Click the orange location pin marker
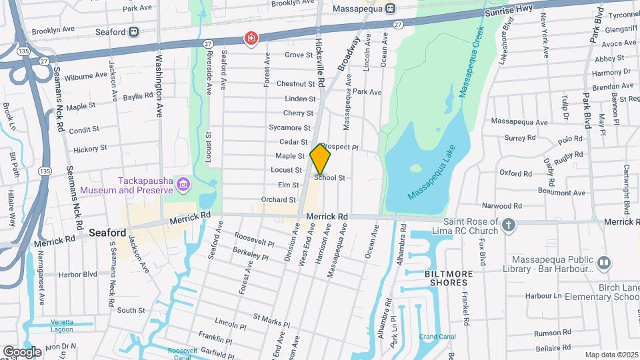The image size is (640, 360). (321, 159)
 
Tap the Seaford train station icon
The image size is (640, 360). (134, 31)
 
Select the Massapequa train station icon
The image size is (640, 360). (391, 8)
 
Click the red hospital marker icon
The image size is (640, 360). (251, 39)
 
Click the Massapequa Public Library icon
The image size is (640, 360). (604, 263)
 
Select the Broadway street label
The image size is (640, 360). (349, 53)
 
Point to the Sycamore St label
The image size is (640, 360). (289, 127)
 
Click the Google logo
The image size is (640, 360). (22, 351)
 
